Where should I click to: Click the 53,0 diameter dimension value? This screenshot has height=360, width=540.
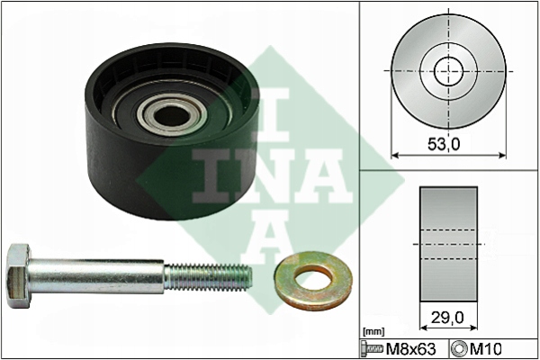(444, 144)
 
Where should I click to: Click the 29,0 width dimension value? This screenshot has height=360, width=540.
(447, 318)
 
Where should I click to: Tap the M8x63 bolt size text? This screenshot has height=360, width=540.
(411, 349)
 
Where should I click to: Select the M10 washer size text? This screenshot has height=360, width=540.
(486, 349)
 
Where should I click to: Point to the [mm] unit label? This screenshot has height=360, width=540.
(373, 332)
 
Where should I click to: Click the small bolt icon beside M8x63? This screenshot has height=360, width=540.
(372, 349)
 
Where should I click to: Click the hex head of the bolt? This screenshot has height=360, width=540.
(19, 275)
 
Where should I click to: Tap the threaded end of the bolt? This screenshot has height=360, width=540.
(208, 277)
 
